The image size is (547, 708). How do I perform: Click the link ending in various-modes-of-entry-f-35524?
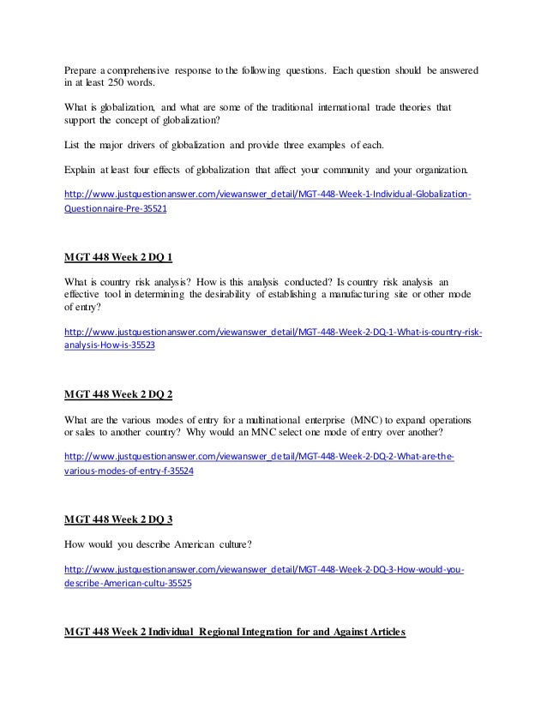[129, 471]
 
